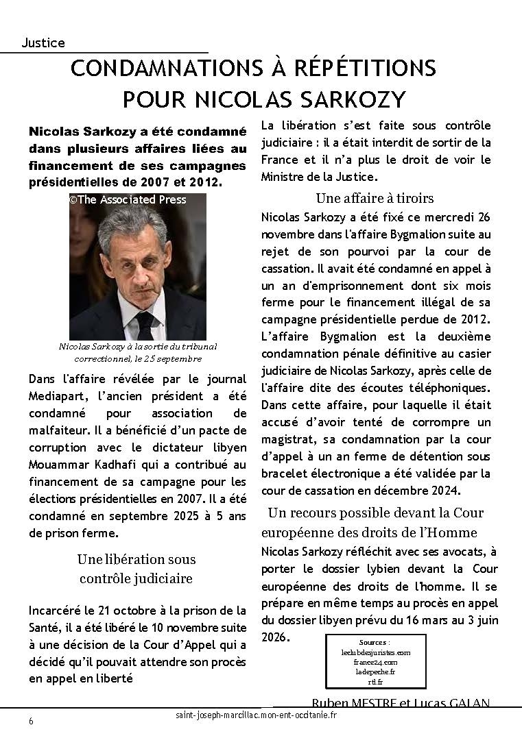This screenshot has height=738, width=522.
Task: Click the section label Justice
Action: (43, 42)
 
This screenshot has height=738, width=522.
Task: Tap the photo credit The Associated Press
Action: (128, 199)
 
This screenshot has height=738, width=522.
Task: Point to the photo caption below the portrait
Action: (130, 353)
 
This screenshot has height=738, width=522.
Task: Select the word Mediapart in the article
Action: (58, 396)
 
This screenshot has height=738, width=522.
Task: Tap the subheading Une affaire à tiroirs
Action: (375, 198)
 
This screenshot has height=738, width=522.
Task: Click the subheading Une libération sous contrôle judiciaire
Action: (136, 569)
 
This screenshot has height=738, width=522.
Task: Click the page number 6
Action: (31, 722)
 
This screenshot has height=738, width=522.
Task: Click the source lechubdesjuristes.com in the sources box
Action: (375, 653)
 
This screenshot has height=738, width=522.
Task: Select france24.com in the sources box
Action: (375, 663)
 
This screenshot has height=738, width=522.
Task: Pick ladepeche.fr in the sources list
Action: (375, 672)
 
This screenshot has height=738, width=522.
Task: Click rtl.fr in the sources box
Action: (375, 682)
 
